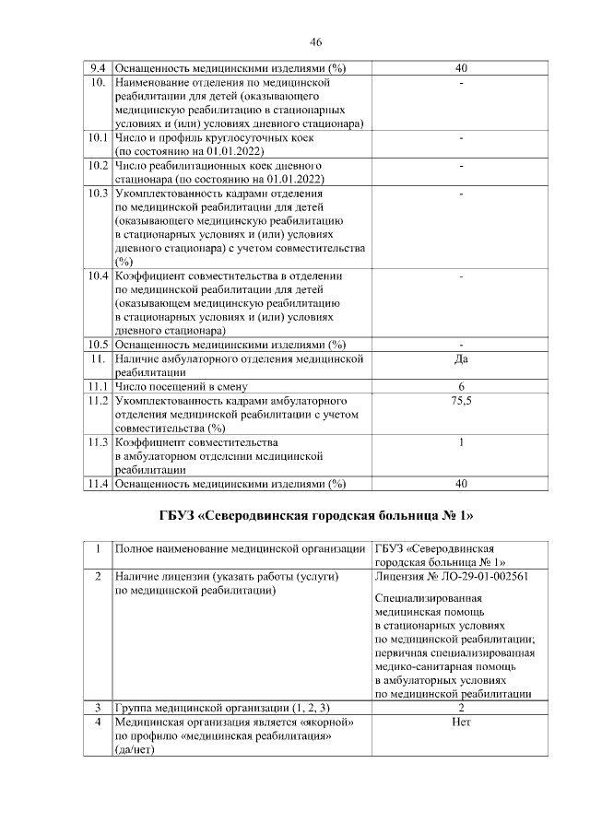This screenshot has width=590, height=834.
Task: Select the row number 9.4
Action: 97,68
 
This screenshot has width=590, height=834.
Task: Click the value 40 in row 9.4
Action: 461,68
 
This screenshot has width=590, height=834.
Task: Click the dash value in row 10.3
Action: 461,194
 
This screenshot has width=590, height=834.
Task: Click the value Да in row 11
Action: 461,358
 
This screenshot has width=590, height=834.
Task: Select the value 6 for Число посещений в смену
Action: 461,386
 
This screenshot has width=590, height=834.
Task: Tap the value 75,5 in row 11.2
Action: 461,401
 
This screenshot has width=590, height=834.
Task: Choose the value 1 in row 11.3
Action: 461,442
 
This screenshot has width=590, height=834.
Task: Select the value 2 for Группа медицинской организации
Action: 461,707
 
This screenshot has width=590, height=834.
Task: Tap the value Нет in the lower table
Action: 461,722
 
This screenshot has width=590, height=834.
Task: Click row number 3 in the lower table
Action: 97,707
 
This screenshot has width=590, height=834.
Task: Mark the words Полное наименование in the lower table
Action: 171,549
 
